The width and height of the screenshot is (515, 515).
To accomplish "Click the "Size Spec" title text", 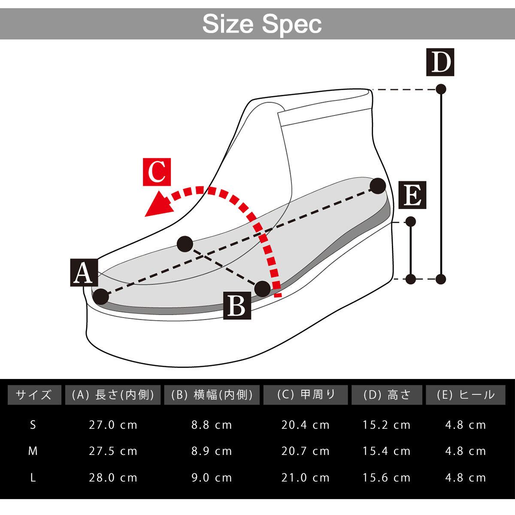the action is point(262,24).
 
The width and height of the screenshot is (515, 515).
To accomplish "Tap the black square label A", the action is point(84,273).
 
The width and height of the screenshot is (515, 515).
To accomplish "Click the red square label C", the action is point(157,172).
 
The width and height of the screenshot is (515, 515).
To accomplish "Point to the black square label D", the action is point(440,63).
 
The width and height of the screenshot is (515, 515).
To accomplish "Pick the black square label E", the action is point(412,196).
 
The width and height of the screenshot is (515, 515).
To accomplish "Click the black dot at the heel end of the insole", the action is point(378,186).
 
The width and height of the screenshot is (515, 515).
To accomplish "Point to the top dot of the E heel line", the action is point(411,221).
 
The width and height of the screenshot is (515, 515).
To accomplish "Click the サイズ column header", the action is point(33,395).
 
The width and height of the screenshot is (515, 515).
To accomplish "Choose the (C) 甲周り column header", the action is point(306,395).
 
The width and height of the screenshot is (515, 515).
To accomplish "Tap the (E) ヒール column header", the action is point(466,395).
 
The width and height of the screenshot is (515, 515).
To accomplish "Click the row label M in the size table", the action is point(33,451).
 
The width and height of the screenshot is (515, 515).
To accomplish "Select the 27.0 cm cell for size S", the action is point(113,425).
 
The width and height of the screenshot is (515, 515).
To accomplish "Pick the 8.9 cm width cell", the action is point(212,451).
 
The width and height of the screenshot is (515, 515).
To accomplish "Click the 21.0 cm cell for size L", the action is point(306,478).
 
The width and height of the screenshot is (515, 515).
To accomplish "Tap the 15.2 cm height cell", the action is point(386,425).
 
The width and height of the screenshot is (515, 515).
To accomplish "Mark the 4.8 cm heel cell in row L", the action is point(466,478).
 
